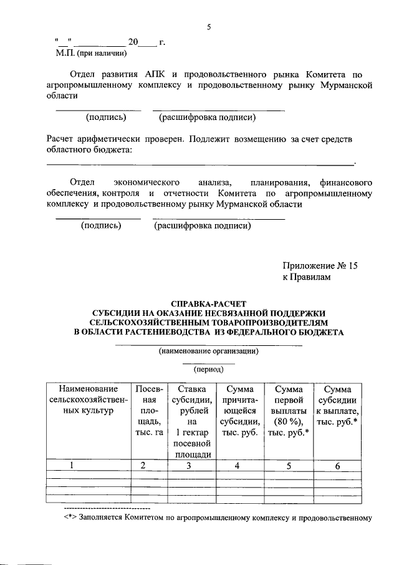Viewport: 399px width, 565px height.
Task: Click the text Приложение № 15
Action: pyautogui.click(x=320, y=266)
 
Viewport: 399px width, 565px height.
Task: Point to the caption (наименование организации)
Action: pyautogui.click(x=209, y=351)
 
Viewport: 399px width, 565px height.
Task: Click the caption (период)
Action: pyautogui.click(x=209, y=369)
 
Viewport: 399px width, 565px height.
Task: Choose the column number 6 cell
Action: pyautogui.click(x=337, y=464)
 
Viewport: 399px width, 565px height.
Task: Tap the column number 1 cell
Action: pyautogui.click(x=72, y=464)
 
